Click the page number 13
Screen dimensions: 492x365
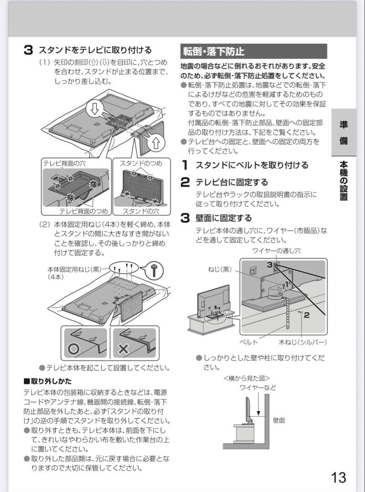(339, 477)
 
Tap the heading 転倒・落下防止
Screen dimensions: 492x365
(214, 51)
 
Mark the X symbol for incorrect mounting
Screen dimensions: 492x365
(123, 349)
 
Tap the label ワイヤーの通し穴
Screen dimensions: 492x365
(276, 251)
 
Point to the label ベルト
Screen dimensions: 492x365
(249, 342)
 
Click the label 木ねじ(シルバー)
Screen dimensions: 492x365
(302, 342)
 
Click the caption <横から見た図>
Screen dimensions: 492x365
(247, 378)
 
